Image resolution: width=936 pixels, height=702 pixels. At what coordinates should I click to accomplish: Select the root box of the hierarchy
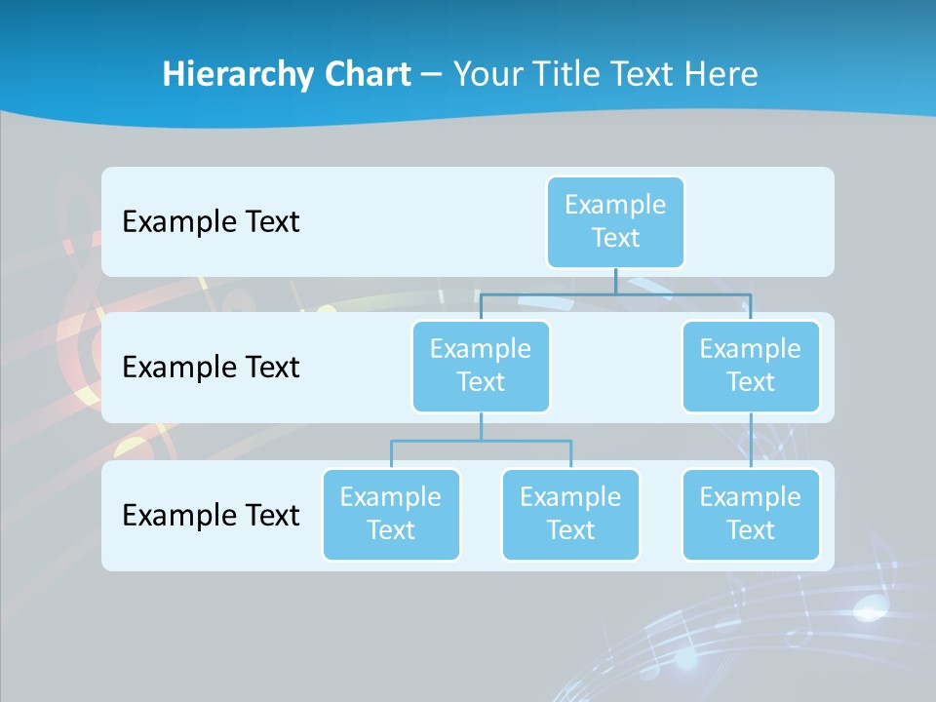tap(615, 221)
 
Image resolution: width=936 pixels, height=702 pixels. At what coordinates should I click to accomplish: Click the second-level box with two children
tap(481, 366)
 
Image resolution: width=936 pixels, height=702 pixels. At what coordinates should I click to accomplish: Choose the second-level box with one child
tap(751, 366)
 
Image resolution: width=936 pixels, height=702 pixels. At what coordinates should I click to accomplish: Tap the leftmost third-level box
tap(391, 514)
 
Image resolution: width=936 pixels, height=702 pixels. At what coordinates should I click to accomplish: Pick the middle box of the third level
tap(570, 514)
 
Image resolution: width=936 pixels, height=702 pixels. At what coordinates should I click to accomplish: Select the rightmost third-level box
tap(751, 514)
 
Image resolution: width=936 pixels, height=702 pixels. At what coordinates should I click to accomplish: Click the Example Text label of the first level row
tap(211, 221)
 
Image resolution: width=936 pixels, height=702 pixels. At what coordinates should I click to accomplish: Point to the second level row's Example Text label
tap(211, 367)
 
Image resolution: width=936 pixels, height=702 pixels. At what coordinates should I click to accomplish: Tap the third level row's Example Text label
tap(211, 514)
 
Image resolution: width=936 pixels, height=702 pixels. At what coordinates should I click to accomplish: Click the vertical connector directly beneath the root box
tap(615, 280)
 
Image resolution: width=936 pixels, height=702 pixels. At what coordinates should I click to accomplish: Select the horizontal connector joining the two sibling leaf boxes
tap(481, 441)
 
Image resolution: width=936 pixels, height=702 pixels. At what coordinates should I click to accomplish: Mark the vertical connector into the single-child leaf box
tap(751, 441)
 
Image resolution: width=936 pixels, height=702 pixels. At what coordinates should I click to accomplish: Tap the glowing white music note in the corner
tap(867, 610)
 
